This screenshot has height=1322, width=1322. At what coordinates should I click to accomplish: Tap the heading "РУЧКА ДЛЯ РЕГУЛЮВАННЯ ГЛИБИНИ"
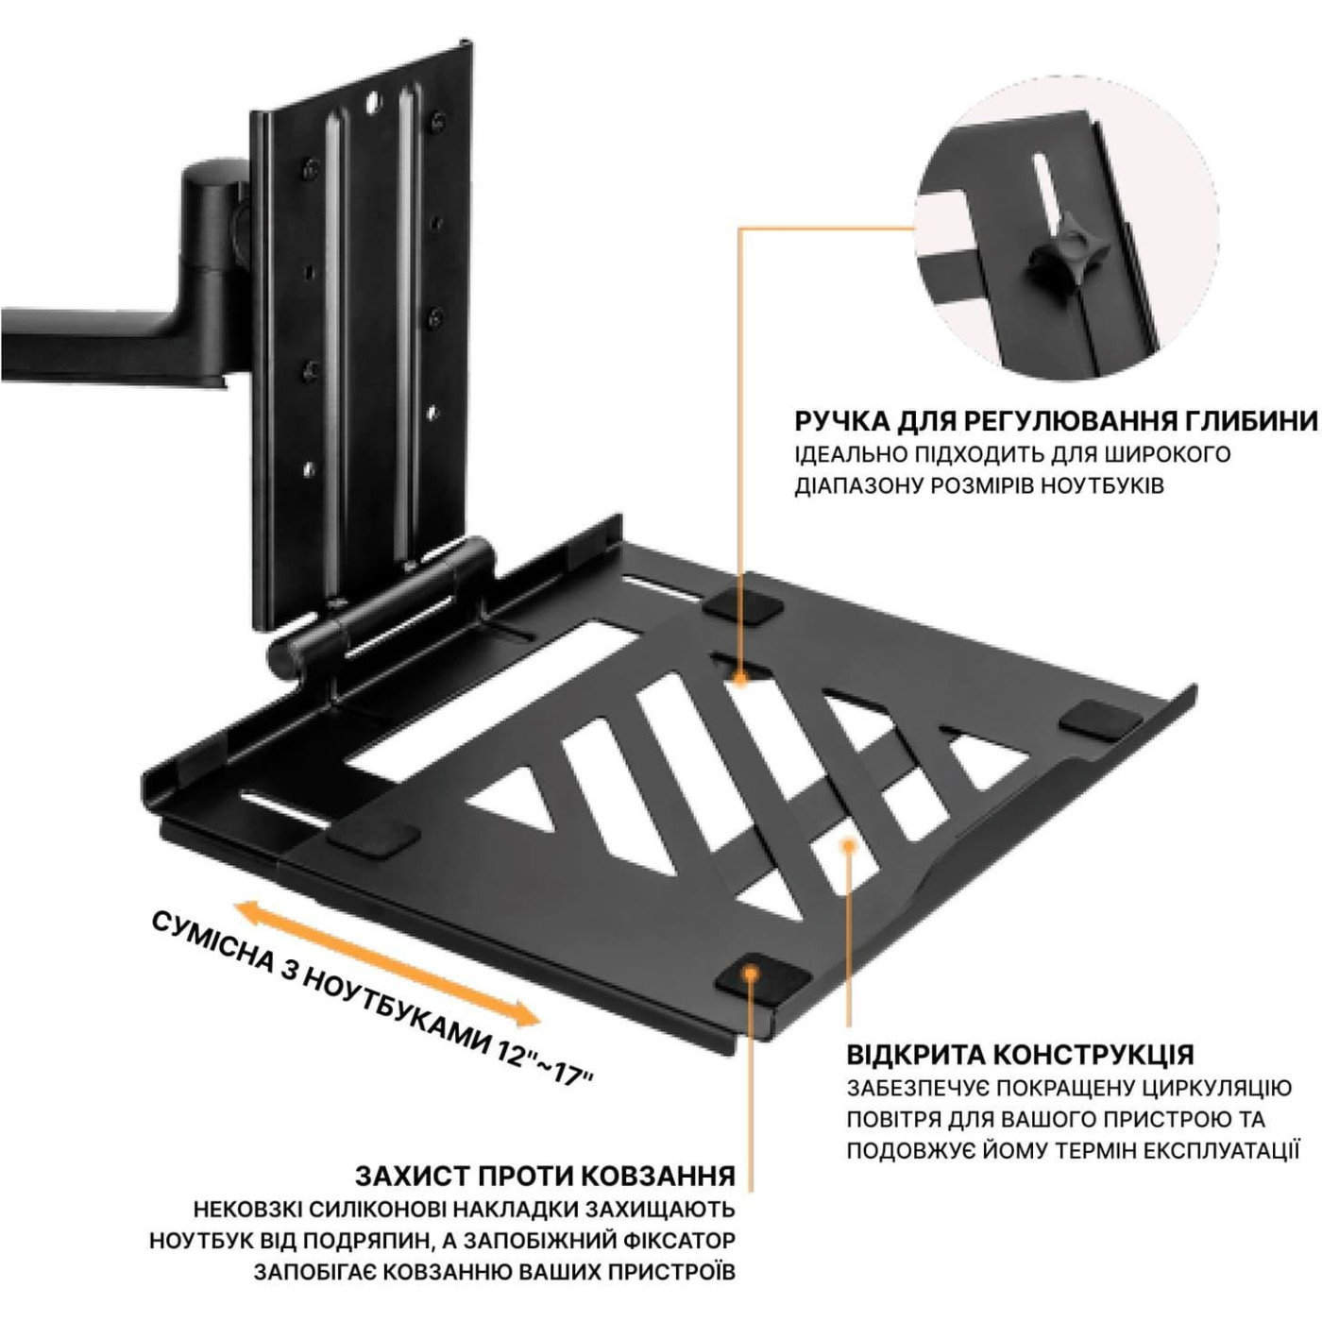[1057, 421]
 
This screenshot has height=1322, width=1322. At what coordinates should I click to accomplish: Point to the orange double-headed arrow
[387, 965]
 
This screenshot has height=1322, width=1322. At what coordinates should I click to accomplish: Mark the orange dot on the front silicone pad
[752, 972]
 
